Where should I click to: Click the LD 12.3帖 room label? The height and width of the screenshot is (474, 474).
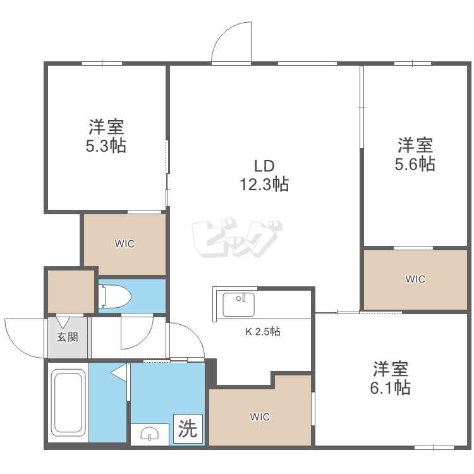click(x=264, y=175)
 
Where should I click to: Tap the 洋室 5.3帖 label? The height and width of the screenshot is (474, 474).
click(x=106, y=137)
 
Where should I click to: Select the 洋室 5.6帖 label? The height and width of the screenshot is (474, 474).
click(x=415, y=154)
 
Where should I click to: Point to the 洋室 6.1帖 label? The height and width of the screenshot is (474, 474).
click(x=391, y=378)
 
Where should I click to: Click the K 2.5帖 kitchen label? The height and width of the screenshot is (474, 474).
click(x=263, y=332)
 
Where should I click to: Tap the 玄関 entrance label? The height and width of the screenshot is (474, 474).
click(x=68, y=337)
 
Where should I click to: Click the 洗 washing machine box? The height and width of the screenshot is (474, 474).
click(x=188, y=428)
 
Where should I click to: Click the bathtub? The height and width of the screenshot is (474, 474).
click(x=68, y=403)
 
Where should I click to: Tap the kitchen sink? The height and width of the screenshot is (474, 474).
click(x=238, y=305)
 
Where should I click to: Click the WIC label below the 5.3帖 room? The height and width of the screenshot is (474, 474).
click(x=125, y=244)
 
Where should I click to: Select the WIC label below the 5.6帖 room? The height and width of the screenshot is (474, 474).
click(x=415, y=279)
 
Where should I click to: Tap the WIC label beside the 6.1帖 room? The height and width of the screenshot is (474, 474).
click(x=260, y=417)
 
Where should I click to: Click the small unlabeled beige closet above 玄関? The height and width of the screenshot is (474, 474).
click(x=71, y=291)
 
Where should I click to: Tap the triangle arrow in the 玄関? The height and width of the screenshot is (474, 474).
click(x=63, y=322)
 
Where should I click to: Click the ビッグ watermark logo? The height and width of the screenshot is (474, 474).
click(x=237, y=239)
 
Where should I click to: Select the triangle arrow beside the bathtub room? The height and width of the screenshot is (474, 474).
click(x=119, y=373)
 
